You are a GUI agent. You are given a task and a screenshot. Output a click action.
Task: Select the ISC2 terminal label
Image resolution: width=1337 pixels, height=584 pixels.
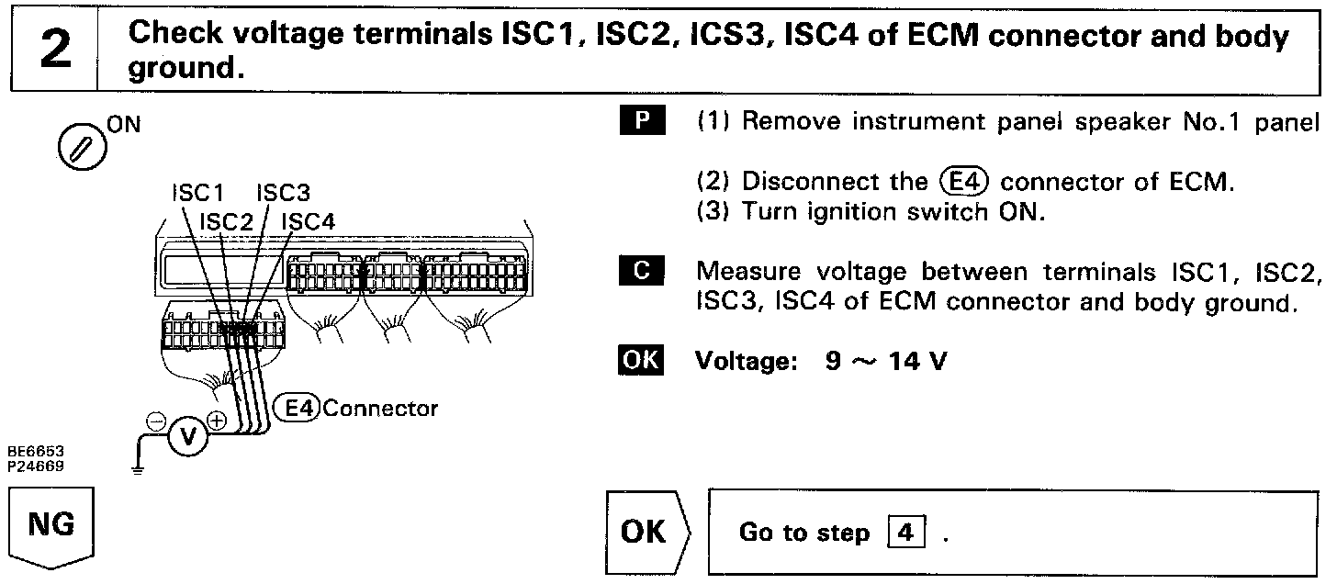click(225, 220)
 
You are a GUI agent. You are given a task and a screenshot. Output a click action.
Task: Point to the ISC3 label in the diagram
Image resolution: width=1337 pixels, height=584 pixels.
click(283, 193)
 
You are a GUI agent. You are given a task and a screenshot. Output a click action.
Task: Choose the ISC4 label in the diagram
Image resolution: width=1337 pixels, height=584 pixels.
click(309, 220)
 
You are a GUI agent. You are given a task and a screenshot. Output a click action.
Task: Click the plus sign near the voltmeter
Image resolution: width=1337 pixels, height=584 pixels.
click(218, 421)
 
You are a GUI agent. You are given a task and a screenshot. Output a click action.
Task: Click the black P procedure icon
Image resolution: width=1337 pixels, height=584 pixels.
click(639, 121)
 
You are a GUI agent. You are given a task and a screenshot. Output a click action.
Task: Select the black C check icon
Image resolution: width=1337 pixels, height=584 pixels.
click(639, 271)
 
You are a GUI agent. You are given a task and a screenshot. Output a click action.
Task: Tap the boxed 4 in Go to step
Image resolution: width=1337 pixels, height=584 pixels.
click(907, 533)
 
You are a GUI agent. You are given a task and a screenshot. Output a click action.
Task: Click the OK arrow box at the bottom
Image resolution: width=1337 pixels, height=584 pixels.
click(647, 533)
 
